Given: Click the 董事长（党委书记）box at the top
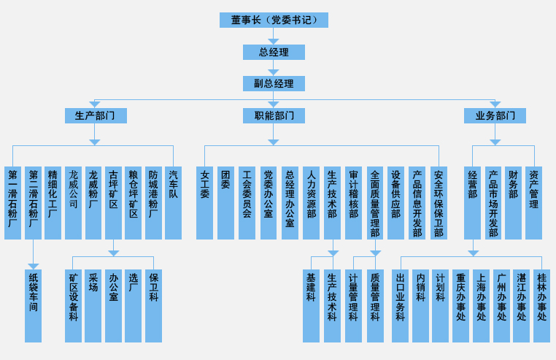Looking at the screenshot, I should [x=274, y=20].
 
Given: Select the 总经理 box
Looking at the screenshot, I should [x=274, y=52].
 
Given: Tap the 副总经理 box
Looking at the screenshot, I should [x=274, y=83].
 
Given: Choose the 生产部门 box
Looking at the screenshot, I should [x=95, y=115].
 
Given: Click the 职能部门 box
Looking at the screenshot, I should [x=274, y=115].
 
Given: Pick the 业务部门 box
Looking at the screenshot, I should [x=495, y=115].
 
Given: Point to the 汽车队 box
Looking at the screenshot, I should [x=173, y=203].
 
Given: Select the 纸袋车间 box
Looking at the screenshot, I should [x=33, y=306].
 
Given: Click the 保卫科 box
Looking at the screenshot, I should [x=153, y=306].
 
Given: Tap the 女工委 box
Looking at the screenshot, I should [x=204, y=203].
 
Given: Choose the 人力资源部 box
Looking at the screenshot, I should [x=311, y=203].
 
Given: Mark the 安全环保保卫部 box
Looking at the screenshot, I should [x=438, y=203].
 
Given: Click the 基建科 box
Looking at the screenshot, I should [x=312, y=306].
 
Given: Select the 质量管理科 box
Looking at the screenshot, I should [x=375, y=306].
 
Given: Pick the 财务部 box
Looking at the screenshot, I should [x=513, y=203].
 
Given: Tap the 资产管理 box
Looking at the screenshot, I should [x=533, y=203].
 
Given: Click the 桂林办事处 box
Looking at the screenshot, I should [x=541, y=306].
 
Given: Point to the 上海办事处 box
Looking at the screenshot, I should [x=481, y=306].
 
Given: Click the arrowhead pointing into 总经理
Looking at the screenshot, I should [x=274, y=41].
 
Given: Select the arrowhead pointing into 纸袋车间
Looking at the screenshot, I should [x=33, y=266].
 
